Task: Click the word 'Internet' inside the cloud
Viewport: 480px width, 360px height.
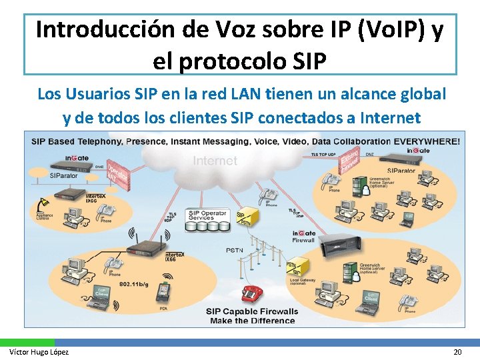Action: (215, 161)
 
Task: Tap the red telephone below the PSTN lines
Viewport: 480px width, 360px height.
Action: (251, 293)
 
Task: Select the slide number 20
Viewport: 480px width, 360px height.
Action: (457, 352)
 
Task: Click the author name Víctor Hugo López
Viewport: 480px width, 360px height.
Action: (39, 352)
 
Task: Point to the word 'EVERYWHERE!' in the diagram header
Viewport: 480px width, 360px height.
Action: (427, 141)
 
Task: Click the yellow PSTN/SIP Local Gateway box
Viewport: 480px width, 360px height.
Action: (294, 268)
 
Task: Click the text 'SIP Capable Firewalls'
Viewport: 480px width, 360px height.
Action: (252, 311)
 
